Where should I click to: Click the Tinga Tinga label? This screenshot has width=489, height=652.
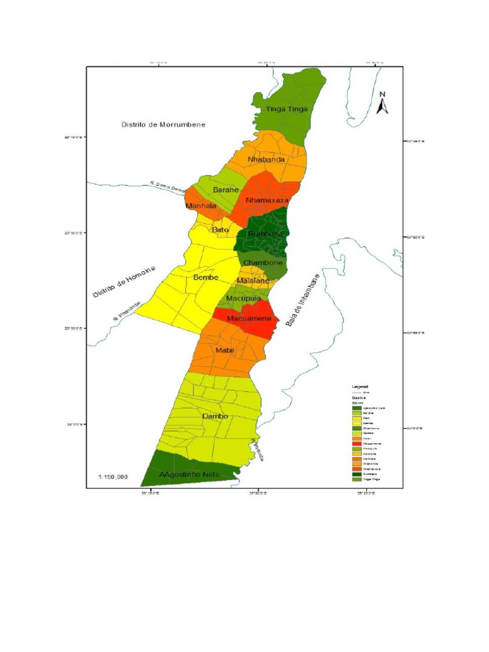click(x=287, y=109)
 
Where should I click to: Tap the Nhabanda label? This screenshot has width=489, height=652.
click(x=266, y=159)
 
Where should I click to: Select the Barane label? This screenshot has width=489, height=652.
click(x=225, y=190)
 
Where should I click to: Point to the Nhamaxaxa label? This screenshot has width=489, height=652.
click(x=267, y=200)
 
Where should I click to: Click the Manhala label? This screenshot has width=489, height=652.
click(x=201, y=206)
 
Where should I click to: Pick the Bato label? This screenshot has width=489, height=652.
click(x=220, y=229)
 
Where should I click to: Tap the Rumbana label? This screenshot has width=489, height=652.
click(x=265, y=235)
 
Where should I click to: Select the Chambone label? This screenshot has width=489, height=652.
click(x=262, y=263)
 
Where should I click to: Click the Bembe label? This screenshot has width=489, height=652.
click(x=206, y=278)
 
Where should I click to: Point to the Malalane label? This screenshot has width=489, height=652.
click(x=253, y=281)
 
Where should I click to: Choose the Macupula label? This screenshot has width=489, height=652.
click(x=244, y=297)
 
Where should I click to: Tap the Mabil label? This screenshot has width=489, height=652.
click(x=225, y=351)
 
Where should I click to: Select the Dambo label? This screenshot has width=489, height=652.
click(x=215, y=416)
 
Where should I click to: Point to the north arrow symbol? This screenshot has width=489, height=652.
click(x=383, y=103)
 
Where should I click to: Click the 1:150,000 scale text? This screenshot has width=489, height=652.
click(x=113, y=476)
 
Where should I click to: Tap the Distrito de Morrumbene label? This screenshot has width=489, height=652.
click(x=164, y=125)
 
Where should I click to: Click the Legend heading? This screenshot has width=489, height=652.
click(x=360, y=386)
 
